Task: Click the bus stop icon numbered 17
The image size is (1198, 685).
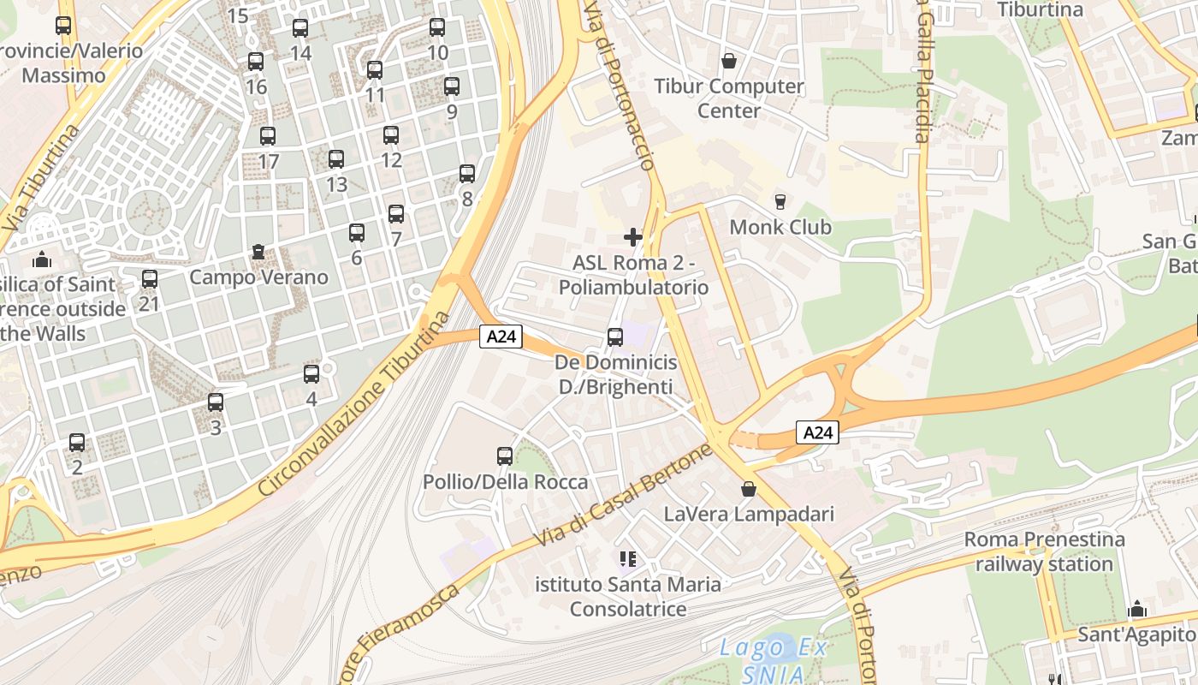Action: [x=268, y=135]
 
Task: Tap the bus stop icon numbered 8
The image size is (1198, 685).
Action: [x=467, y=174]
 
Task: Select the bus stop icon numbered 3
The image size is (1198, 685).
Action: [x=216, y=402]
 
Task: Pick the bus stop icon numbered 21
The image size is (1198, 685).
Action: [x=150, y=278]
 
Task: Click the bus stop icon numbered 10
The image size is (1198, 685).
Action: [x=437, y=27]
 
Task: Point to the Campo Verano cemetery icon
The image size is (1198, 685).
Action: [x=258, y=253]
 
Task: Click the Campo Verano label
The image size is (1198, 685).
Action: [x=258, y=277]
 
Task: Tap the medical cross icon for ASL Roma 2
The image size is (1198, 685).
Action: [x=633, y=236]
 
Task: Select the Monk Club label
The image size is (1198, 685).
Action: [x=780, y=227]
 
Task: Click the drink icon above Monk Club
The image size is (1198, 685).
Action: [x=780, y=202]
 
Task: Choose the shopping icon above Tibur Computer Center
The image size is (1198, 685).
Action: [x=729, y=61]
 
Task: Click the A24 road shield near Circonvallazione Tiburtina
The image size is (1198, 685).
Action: [x=501, y=337]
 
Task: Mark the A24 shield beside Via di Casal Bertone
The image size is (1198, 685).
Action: [x=817, y=432]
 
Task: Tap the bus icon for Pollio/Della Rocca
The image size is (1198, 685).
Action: [x=505, y=456]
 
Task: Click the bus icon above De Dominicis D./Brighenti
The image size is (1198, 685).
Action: [x=615, y=337]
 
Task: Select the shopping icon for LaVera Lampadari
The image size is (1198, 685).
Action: [x=749, y=489]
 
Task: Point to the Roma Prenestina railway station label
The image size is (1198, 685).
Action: [x=1044, y=551]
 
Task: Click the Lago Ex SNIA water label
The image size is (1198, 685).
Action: [x=773, y=660]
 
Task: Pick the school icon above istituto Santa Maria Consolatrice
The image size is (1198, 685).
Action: [x=629, y=559]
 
